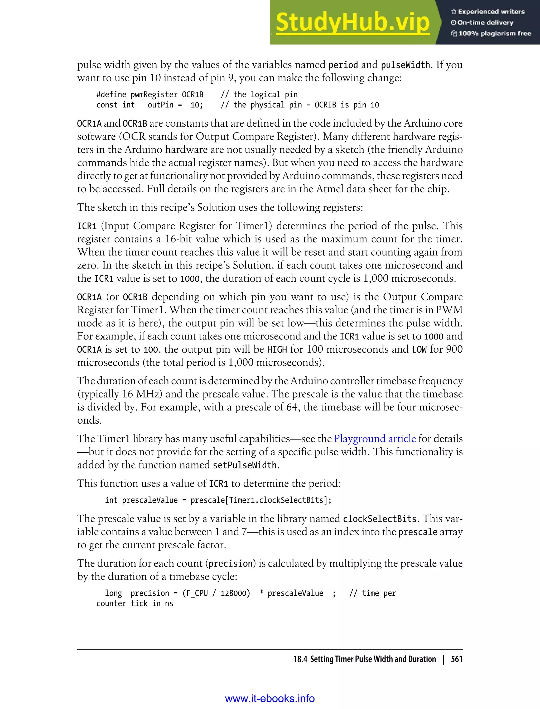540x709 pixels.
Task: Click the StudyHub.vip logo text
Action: [x=353, y=22]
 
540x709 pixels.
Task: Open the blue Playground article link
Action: [x=375, y=439]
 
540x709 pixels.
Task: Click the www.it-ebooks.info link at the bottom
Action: [x=270, y=698]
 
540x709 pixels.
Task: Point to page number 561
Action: [x=456, y=659]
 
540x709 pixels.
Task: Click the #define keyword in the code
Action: [x=111, y=94]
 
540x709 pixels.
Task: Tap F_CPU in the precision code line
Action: [x=197, y=593]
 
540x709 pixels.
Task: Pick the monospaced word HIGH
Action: [x=277, y=349]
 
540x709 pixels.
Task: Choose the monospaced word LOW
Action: [x=419, y=349]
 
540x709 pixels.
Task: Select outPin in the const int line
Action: [x=160, y=105]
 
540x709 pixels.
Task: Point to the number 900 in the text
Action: [x=454, y=349]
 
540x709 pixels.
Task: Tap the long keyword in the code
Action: [x=113, y=593]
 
